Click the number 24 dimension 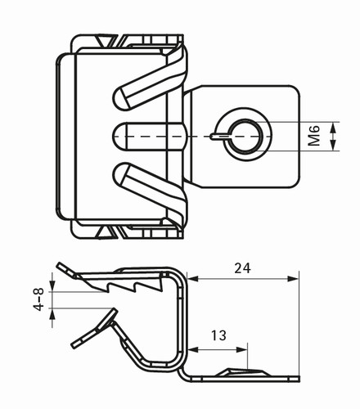[242, 268]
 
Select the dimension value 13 [218, 335]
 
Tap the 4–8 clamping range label [38, 299]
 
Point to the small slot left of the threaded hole [219, 136]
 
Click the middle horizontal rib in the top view [150, 137]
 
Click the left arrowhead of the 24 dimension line [193, 279]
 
